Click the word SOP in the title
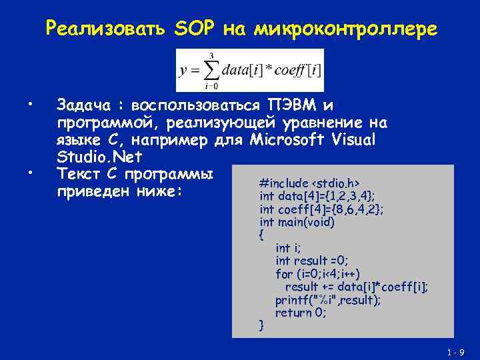(194, 29)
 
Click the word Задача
(83, 105)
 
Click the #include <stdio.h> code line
(310, 183)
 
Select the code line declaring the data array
(317, 196)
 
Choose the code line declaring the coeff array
(321, 209)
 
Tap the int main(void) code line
(297, 221)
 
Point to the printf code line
(328, 300)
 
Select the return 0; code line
(301, 313)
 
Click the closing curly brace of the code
(261, 325)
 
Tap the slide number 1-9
(456, 352)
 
